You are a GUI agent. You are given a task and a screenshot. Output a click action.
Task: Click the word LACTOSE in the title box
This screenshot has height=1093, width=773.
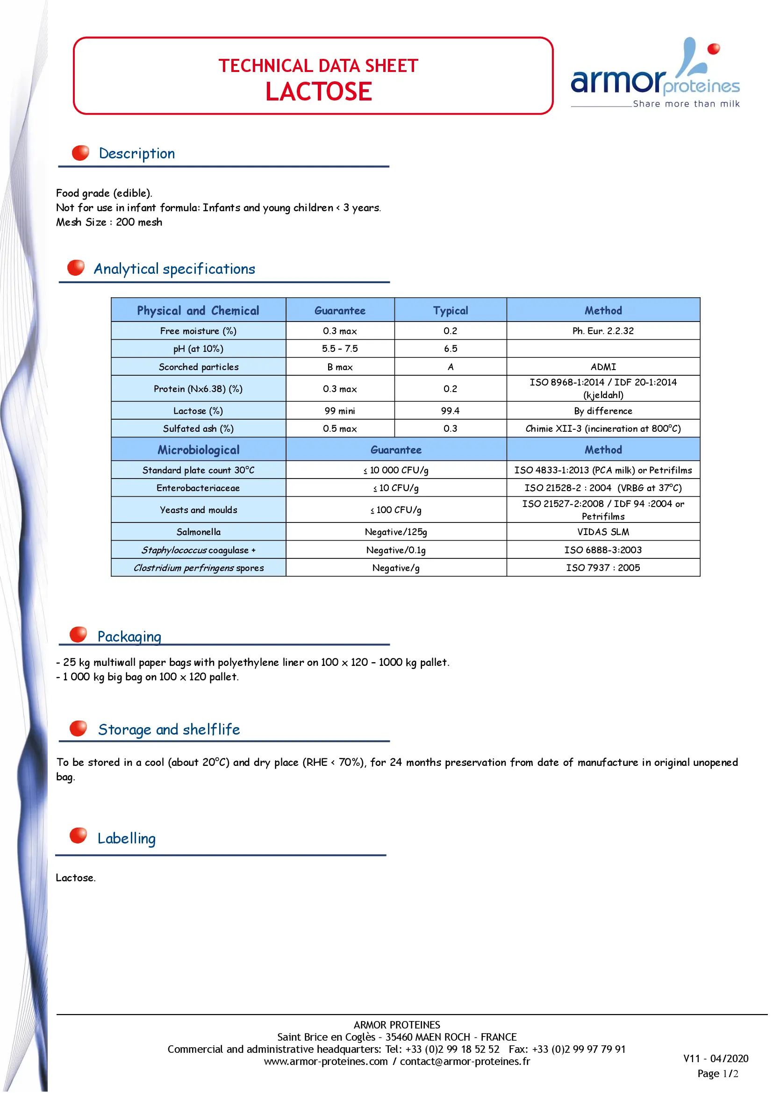point(318,92)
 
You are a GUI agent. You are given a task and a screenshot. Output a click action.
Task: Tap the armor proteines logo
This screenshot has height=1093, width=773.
point(655,74)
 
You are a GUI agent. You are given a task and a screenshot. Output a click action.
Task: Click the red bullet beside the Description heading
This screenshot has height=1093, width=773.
point(80,153)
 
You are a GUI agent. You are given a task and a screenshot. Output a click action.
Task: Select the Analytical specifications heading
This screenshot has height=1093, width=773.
point(174,269)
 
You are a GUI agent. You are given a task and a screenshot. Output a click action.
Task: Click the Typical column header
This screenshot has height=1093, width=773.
point(450,310)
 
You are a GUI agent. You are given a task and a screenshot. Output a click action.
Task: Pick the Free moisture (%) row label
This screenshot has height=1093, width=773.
point(198,331)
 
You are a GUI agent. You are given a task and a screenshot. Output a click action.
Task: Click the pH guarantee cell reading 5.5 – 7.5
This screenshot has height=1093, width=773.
point(340,349)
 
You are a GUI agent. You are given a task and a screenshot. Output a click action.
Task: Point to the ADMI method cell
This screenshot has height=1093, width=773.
point(603,366)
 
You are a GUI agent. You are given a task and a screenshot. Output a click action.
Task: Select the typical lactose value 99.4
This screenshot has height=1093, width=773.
point(450,411)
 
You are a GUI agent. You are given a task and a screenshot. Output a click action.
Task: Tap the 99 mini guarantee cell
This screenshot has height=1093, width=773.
point(340,411)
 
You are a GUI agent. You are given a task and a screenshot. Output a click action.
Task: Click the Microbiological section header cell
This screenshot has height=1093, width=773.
point(199,450)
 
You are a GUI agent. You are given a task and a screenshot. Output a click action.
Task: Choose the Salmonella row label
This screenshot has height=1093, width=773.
point(199,532)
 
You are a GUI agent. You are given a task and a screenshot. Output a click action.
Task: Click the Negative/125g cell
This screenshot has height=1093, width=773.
point(396,532)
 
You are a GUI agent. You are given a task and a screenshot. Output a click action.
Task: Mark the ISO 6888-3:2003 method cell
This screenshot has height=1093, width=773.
point(603,550)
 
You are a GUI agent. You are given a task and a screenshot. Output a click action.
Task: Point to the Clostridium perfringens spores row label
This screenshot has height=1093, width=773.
point(199,567)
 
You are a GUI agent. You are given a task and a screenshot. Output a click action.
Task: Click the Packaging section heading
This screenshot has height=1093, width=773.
point(129,636)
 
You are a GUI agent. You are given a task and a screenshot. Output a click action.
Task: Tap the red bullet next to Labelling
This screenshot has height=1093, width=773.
point(78,835)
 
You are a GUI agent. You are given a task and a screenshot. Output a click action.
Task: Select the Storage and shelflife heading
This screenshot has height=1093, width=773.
point(169,729)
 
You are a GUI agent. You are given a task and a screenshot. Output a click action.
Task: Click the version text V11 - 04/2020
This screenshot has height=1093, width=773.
point(716,1058)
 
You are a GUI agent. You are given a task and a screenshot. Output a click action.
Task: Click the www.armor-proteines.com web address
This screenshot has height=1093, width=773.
point(326,1061)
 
